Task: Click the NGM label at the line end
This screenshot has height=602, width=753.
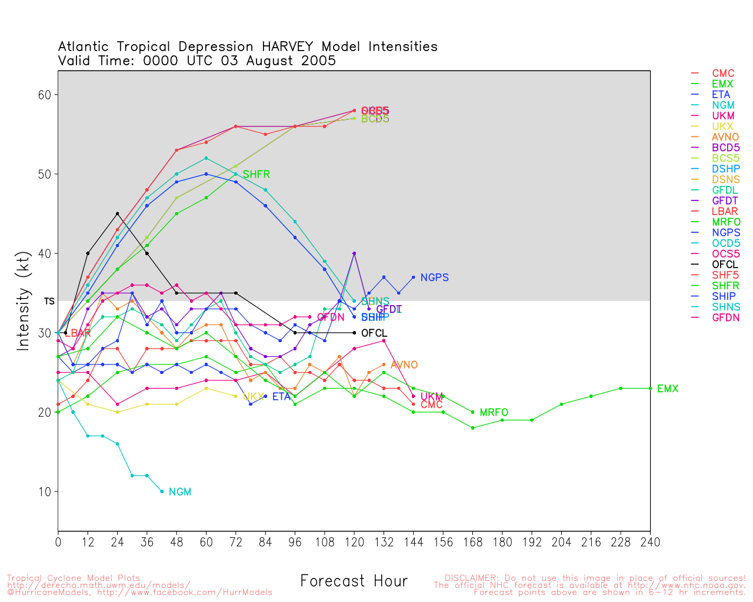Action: [179, 492]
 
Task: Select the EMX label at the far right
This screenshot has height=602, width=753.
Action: [667, 389]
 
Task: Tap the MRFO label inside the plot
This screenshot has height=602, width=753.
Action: [494, 413]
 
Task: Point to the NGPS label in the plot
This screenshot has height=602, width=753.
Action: [434, 277]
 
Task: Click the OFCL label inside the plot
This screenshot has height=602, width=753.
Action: [374, 333]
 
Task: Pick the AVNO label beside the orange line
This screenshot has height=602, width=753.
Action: [404, 365]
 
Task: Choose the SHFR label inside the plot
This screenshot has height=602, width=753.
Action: [256, 175]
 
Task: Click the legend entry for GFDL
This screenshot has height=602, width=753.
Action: [725, 190]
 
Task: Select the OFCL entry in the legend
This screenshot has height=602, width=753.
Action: [725, 265]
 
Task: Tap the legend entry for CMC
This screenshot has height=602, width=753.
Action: [723, 73]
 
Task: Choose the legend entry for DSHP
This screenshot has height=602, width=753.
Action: [725, 169]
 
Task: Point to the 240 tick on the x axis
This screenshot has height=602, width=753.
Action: [649, 542]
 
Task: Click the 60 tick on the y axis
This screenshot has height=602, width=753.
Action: [45, 95]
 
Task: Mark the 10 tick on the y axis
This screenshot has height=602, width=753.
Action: [45, 491]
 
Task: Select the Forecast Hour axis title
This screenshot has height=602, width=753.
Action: [354, 581]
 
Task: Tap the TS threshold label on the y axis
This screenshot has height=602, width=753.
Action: [49, 301]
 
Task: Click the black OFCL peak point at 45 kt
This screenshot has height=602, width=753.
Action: [118, 213]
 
